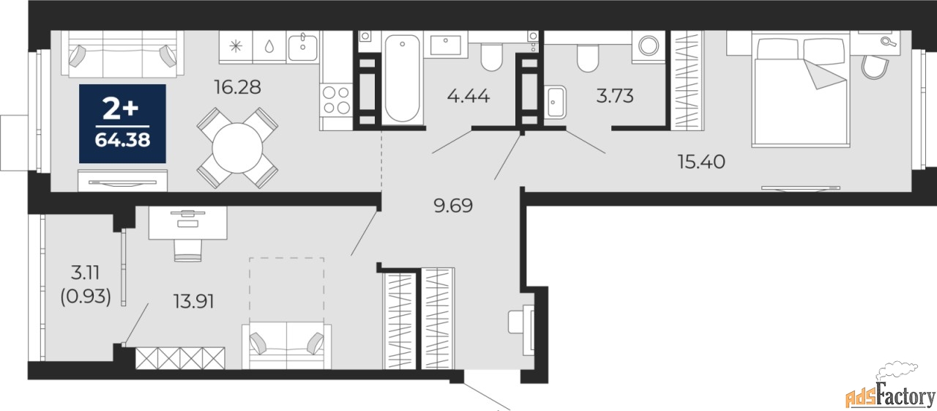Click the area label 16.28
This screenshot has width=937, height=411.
tap(236, 88)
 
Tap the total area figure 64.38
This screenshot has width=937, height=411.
tap(122, 138)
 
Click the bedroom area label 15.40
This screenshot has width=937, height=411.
tap(701, 162)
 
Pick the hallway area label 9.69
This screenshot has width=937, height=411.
tap(453, 206)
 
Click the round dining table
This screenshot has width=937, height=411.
tap(236, 147)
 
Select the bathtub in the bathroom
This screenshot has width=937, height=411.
tap(401, 76)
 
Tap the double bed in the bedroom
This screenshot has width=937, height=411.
tap(802, 84)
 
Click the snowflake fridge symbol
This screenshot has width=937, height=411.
tap(235, 46)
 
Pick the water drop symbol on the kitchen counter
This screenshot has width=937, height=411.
tap(269, 46)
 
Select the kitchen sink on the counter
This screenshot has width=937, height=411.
tap(302, 47)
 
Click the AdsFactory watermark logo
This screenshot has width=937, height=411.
tap(890, 396)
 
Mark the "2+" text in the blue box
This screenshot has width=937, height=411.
tap(122, 110)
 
